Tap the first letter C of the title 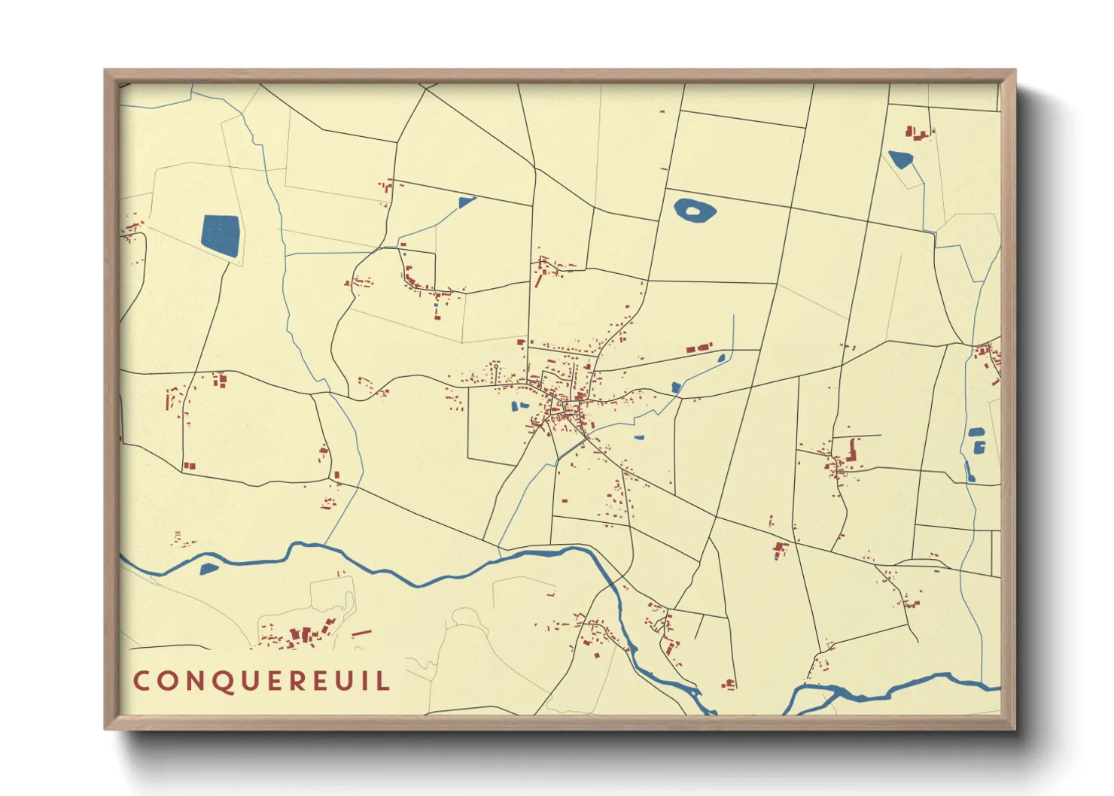tap(141, 681)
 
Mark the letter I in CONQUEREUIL tap(364, 681)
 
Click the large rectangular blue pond tap(221, 235)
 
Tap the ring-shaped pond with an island tap(694, 210)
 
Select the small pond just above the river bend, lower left tap(208, 568)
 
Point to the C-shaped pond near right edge tap(979, 448)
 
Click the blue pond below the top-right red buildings tap(900, 159)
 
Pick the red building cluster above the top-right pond tap(918, 133)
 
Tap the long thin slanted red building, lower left tap(361, 633)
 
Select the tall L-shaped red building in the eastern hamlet tap(853, 451)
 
